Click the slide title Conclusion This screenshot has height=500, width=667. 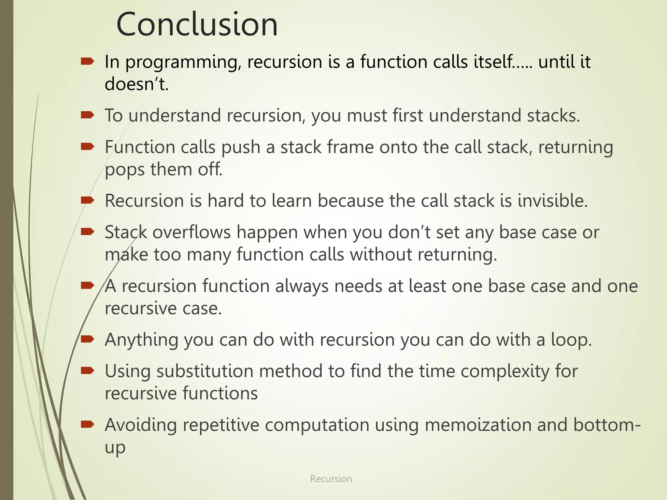[197, 25]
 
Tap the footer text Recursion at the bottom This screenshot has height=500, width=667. [331, 479]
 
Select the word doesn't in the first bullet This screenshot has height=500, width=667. [136, 84]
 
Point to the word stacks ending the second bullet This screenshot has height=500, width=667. [553, 116]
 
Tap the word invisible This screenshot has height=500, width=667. [552, 201]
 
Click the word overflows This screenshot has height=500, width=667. [192, 232]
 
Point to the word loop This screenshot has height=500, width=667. [571, 340]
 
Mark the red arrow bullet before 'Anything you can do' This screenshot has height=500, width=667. [87, 339]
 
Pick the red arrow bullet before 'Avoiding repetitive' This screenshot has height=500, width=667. [87, 424]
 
